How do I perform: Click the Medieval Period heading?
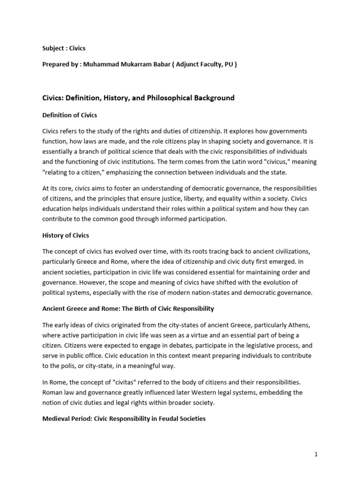pyautogui.click(x=124, y=419)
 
